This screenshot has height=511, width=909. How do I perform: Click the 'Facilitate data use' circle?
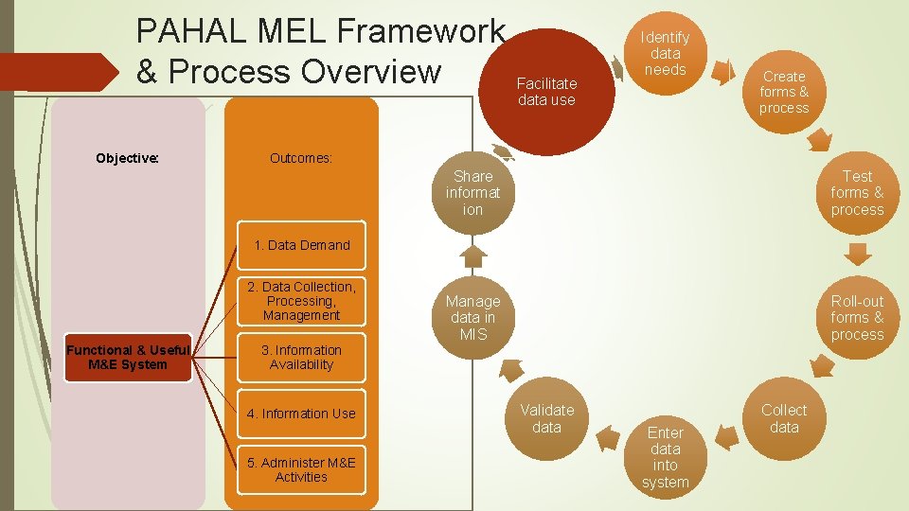click(x=546, y=92)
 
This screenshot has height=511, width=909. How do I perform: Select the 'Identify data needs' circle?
click(x=665, y=53)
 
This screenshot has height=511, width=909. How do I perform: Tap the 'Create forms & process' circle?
click(x=784, y=92)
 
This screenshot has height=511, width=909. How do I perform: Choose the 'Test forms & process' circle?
click(x=857, y=192)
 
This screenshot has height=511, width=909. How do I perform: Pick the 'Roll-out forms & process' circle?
click(x=857, y=318)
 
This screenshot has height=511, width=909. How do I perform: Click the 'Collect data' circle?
click(x=784, y=418)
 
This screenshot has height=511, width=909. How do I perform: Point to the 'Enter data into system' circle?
click(x=665, y=456)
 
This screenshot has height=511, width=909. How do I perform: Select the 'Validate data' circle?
click(x=546, y=418)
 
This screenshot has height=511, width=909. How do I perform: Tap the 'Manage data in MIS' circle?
click(x=472, y=318)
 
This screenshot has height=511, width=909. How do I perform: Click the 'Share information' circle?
click(x=472, y=192)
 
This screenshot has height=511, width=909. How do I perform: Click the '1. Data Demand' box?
click(x=301, y=245)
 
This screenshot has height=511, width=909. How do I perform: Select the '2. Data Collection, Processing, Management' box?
click(x=301, y=301)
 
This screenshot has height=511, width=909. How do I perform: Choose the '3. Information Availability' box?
click(x=301, y=357)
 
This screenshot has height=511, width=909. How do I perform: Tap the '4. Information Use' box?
click(x=301, y=414)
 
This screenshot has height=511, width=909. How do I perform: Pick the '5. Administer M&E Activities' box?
click(x=301, y=469)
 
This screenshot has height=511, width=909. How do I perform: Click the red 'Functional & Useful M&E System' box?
click(x=128, y=357)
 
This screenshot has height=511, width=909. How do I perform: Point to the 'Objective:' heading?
click(x=128, y=158)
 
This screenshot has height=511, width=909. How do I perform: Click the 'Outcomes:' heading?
click(x=301, y=158)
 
